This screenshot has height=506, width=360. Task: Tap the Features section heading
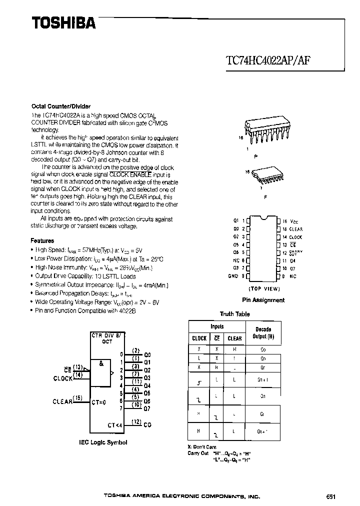(x=42, y=240)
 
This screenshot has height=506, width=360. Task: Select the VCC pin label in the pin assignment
(x=295, y=221)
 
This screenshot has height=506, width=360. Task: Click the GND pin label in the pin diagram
(x=233, y=276)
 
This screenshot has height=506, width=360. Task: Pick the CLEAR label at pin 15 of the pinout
(x=296, y=229)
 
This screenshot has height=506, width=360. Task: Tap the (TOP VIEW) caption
(x=263, y=289)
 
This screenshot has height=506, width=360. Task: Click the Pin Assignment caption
(x=263, y=300)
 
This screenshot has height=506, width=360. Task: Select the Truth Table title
(x=234, y=314)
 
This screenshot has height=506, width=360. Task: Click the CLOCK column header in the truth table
(x=199, y=338)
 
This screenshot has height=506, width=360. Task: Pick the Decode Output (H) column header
(x=263, y=332)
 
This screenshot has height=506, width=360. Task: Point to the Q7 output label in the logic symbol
(x=147, y=408)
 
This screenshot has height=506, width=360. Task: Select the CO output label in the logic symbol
(x=147, y=425)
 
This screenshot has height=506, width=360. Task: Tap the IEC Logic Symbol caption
(x=103, y=442)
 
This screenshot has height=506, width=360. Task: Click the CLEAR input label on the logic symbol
(x=62, y=401)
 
